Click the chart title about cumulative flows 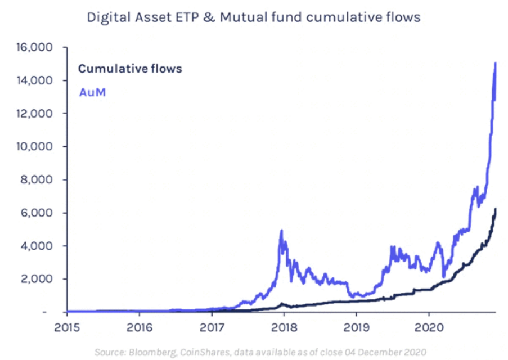coord(253,17)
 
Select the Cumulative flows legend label coord(130,69)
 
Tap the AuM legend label coord(92,92)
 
